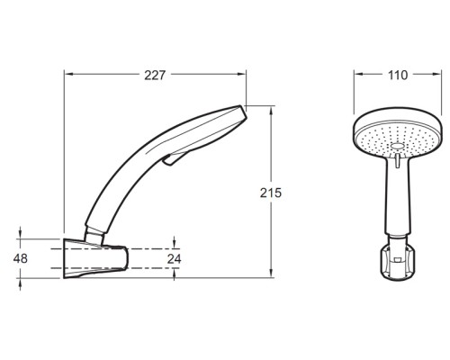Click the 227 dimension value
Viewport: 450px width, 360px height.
pos(155,76)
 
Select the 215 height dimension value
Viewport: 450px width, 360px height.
pos(271,193)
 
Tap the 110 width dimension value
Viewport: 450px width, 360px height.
pos(398,76)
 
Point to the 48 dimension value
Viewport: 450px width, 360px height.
pos(21,258)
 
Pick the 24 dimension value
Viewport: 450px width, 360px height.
pos(175,258)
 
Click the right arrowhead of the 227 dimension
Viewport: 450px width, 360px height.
pos(241,74)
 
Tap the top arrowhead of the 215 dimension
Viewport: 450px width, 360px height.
pos(271,112)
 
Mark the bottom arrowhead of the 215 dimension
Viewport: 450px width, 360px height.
pos(271,273)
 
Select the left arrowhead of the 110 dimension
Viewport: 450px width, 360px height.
pos(359,74)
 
